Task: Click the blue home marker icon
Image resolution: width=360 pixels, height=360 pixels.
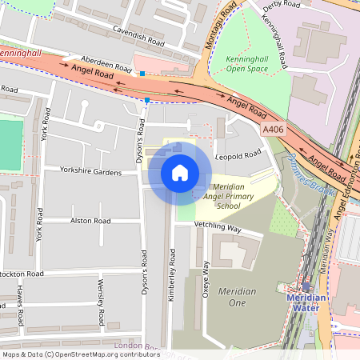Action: pos(180,173)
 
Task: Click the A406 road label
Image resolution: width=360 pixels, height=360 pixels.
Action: pos(273,127)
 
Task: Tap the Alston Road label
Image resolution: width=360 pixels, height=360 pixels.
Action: pos(90,220)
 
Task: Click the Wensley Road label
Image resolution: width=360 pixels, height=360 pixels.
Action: pos(101,302)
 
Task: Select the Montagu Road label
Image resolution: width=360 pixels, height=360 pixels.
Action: pos(220,24)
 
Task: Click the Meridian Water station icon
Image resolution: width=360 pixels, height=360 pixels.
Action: pos(306,286)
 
